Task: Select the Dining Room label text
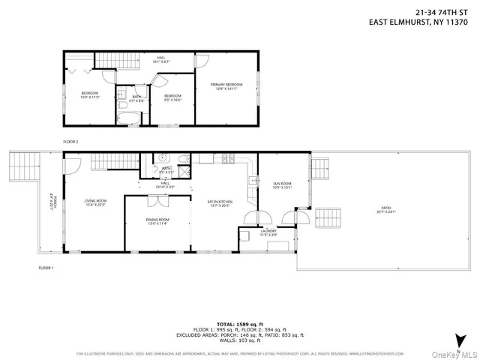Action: (x=157, y=221)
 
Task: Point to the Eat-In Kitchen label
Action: (x=220, y=202)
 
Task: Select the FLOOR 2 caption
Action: (x=70, y=140)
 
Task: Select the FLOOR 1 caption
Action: (x=46, y=268)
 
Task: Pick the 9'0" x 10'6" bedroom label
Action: (x=173, y=97)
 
